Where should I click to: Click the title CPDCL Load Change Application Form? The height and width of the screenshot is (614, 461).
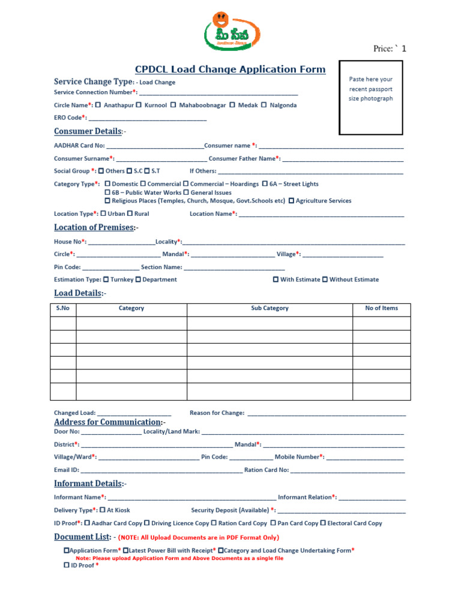(x=230, y=70)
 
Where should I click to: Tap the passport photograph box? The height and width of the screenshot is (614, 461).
(x=371, y=97)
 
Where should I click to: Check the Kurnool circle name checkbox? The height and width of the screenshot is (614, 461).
(x=139, y=105)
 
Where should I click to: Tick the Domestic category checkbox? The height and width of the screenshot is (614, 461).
(x=107, y=184)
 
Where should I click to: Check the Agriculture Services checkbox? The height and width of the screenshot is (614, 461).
(x=292, y=201)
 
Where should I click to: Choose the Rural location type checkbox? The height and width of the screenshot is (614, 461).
(x=130, y=213)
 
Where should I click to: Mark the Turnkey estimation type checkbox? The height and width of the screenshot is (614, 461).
(x=106, y=279)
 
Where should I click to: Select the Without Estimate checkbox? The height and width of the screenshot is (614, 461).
(x=325, y=279)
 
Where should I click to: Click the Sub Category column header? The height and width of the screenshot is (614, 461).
(x=270, y=308)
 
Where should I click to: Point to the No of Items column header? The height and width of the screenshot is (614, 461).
(x=381, y=308)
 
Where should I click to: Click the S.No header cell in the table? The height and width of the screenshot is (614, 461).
(x=63, y=308)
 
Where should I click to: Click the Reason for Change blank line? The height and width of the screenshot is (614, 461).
(x=327, y=413)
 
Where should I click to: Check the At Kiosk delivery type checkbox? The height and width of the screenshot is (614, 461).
(x=102, y=510)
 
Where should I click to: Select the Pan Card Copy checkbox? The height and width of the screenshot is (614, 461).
(x=274, y=523)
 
